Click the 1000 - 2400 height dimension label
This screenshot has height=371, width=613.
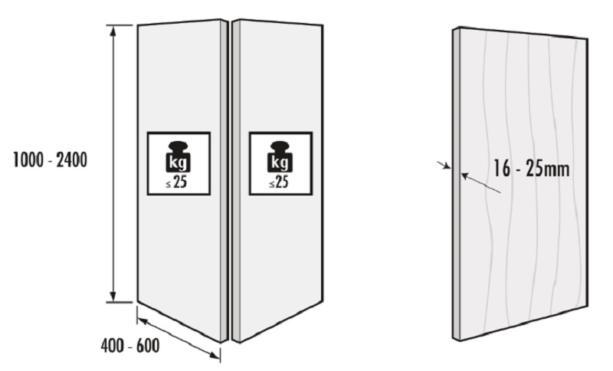point(50,160)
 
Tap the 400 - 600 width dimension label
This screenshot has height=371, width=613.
point(130,346)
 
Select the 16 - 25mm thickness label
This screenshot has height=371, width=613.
point(531,169)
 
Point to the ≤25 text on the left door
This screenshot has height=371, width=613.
point(176,182)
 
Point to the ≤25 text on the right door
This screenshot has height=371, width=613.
point(279,182)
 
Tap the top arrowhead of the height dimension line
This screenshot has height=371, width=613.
point(113,31)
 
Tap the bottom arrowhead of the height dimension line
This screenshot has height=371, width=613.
point(113,297)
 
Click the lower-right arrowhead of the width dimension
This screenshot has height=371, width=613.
point(215,355)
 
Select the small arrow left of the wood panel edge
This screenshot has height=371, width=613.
point(444,166)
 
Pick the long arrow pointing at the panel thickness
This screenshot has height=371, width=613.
point(480,183)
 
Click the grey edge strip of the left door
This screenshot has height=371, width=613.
point(224,181)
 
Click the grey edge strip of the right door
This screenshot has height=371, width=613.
point(236,181)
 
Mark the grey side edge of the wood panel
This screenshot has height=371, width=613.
point(456,184)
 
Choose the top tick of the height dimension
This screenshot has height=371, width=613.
point(120,25)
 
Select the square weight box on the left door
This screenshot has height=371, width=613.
point(179,164)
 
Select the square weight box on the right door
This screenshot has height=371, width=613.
point(280,164)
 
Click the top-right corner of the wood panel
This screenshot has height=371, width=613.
point(587,38)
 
